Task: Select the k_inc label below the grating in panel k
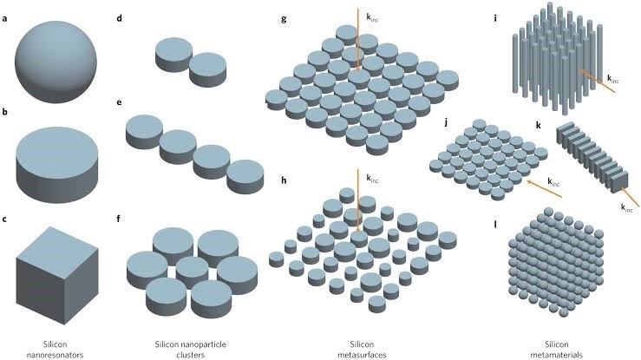[x=626, y=207]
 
